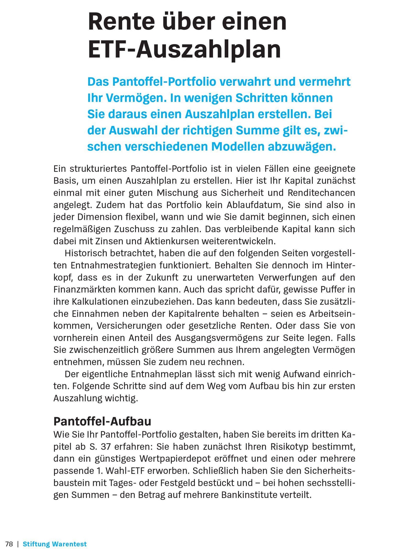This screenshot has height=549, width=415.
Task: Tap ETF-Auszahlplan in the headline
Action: [x=184, y=49]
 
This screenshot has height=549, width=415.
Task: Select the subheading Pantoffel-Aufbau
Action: [x=102, y=421]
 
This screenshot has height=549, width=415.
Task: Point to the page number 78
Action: [x=9, y=544]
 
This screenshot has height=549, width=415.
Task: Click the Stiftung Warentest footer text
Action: [x=55, y=544]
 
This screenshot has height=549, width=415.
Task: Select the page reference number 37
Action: [x=106, y=447]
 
